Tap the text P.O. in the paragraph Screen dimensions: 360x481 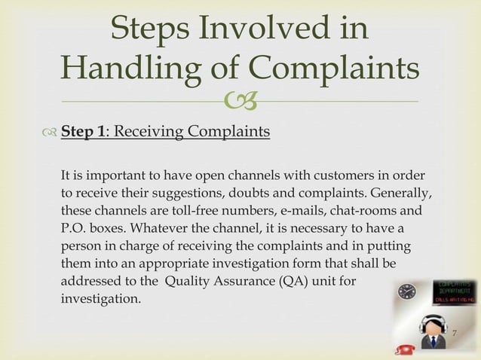click(74, 226)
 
